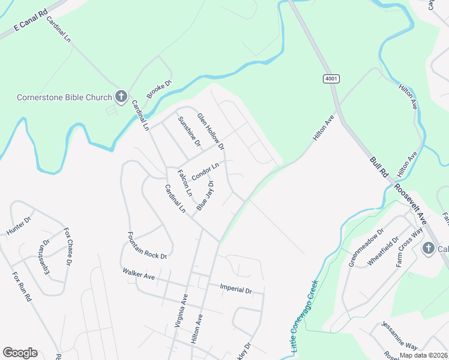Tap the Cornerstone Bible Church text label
[x=64, y=97]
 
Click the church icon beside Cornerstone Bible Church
[x=121, y=97]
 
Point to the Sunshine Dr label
[x=188, y=131]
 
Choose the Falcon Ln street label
[x=184, y=183]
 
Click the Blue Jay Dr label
[x=205, y=195]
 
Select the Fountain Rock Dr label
[x=146, y=246]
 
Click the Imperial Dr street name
[x=236, y=289]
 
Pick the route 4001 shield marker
[x=331, y=79]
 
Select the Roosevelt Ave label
[x=411, y=203]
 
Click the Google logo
[x=20, y=353]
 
